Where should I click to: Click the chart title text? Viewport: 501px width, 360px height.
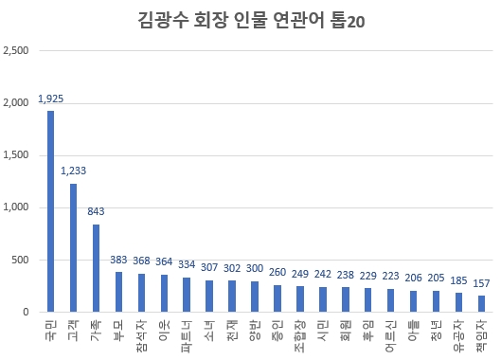[250, 21]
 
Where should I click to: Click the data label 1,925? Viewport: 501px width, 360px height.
[51, 98]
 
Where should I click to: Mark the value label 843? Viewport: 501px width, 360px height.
[97, 211]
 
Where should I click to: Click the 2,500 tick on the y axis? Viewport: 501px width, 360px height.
[17, 50]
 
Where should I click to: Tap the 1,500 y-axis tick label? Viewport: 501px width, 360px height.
[17, 154]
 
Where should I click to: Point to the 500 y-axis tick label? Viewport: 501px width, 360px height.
[21, 260]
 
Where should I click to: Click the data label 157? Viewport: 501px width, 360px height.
[482, 283]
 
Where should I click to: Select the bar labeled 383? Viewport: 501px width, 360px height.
[119, 292]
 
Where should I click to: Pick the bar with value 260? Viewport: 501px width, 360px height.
[277, 298]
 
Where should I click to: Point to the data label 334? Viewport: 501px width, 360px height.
[188, 264]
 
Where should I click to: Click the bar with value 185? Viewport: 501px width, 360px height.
[459, 302]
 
